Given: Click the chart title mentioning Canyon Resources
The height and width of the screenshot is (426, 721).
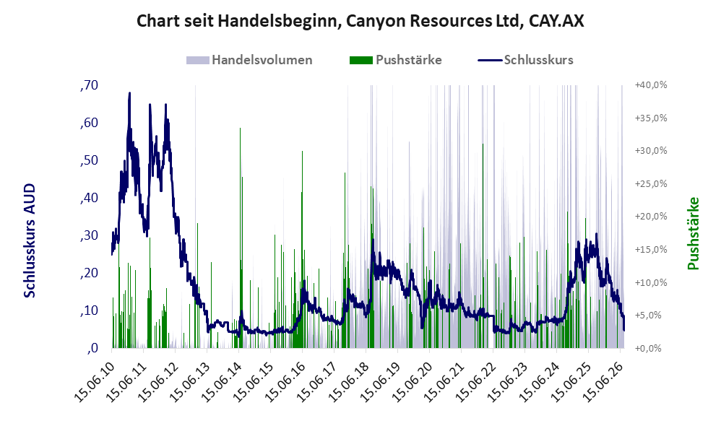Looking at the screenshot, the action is [x=360, y=21].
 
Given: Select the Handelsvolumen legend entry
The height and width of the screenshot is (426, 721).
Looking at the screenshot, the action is [x=249, y=60].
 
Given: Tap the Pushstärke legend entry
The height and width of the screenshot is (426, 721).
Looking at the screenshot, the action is [x=395, y=60].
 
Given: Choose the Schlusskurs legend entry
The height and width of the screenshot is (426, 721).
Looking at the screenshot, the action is [x=525, y=60].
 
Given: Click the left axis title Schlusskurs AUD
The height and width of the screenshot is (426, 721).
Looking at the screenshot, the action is [x=30, y=240].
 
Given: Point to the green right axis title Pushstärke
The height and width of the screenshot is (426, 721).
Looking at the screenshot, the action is [x=693, y=233].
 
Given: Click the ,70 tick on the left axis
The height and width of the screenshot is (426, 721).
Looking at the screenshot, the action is [x=89, y=85].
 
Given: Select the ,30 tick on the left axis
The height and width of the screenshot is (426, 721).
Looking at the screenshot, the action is [x=89, y=236].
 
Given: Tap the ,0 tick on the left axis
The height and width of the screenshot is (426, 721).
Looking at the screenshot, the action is [x=92, y=348].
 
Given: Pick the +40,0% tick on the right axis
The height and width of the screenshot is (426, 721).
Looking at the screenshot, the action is [x=651, y=85].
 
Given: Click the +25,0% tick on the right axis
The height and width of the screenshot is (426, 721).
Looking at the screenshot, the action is [x=651, y=184].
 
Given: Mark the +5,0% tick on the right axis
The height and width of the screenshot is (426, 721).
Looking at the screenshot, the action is [x=651, y=316].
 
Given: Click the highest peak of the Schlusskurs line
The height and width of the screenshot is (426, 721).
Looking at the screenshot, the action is [x=129, y=93].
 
